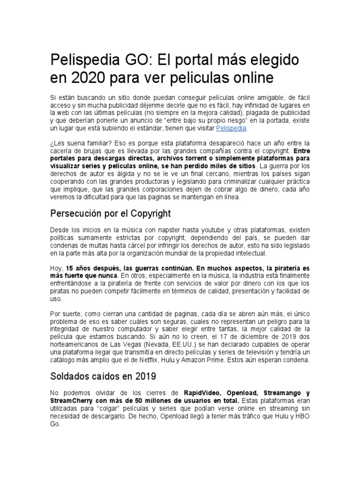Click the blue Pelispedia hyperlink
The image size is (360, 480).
tap(232, 128)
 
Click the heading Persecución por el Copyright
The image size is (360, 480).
tap(111, 213)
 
